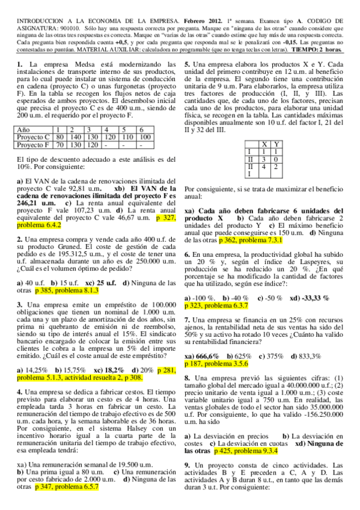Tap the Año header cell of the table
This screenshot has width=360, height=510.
25,130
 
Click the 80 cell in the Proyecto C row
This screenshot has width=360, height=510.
59,137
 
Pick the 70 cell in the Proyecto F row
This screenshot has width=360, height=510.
59,145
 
